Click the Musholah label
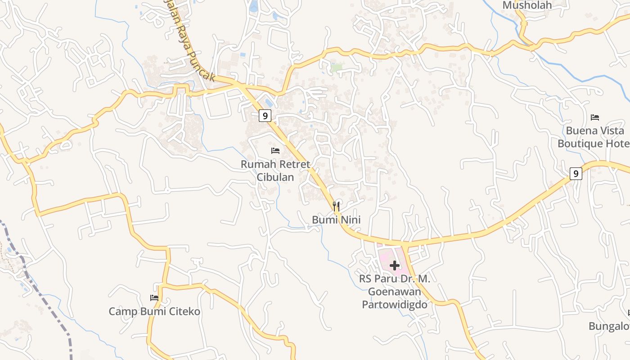click(526, 5)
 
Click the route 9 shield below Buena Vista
click(576, 173)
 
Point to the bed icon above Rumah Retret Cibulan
click(275, 150)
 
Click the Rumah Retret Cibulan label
click(275, 171)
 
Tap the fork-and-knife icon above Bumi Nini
click(336, 207)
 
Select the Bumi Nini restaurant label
click(336, 220)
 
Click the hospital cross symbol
click(395, 265)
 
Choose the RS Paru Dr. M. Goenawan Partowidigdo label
click(395, 292)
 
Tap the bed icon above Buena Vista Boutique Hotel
click(595, 117)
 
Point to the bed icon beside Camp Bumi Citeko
click(154, 297)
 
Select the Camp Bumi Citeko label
click(154, 311)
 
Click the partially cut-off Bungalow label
click(610, 326)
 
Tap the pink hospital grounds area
click(386, 258)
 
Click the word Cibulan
click(275, 177)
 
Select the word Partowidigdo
click(395, 305)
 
